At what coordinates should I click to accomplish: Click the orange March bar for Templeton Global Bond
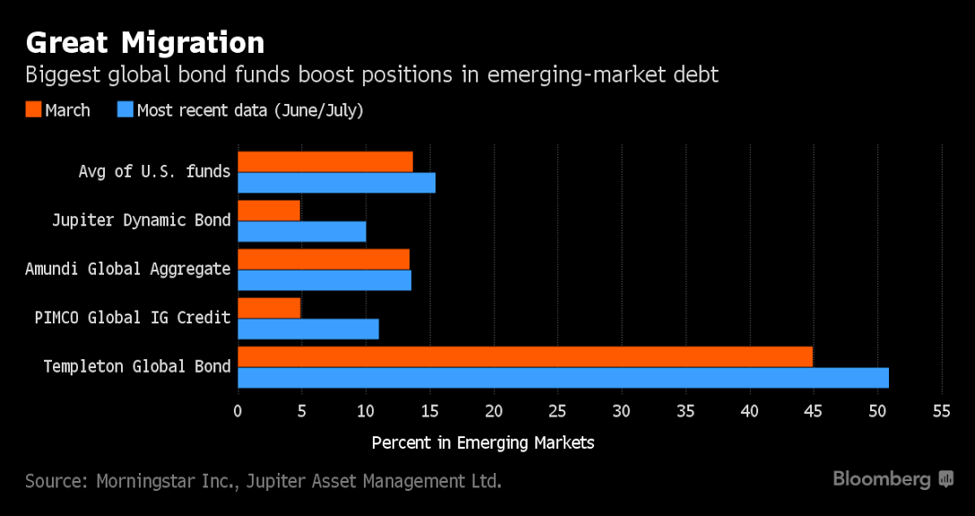tap(525, 356)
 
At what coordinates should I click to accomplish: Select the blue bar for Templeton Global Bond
tap(563, 377)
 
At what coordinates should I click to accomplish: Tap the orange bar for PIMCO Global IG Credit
tap(269, 307)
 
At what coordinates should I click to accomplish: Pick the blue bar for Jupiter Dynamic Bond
tap(302, 232)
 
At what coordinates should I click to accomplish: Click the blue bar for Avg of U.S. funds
tap(336, 183)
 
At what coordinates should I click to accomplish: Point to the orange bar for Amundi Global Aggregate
tap(324, 259)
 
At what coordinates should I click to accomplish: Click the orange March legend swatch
tap(34, 110)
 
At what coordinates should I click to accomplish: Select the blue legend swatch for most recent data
tap(125, 110)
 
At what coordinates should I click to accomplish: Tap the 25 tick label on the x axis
tap(557, 411)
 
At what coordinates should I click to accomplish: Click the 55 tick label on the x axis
tap(941, 411)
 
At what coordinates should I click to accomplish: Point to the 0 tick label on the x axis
tap(237, 411)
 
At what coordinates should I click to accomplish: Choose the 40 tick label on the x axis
tap(749, 411)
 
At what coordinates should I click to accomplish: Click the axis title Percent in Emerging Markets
tap(482, 443)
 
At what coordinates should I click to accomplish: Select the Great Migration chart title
tap(145, 42)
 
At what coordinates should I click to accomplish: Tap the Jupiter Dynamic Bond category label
tap(141, 220)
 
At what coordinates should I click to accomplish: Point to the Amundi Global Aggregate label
tap(127, 269)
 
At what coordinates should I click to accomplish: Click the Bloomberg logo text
tap(882, 479)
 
